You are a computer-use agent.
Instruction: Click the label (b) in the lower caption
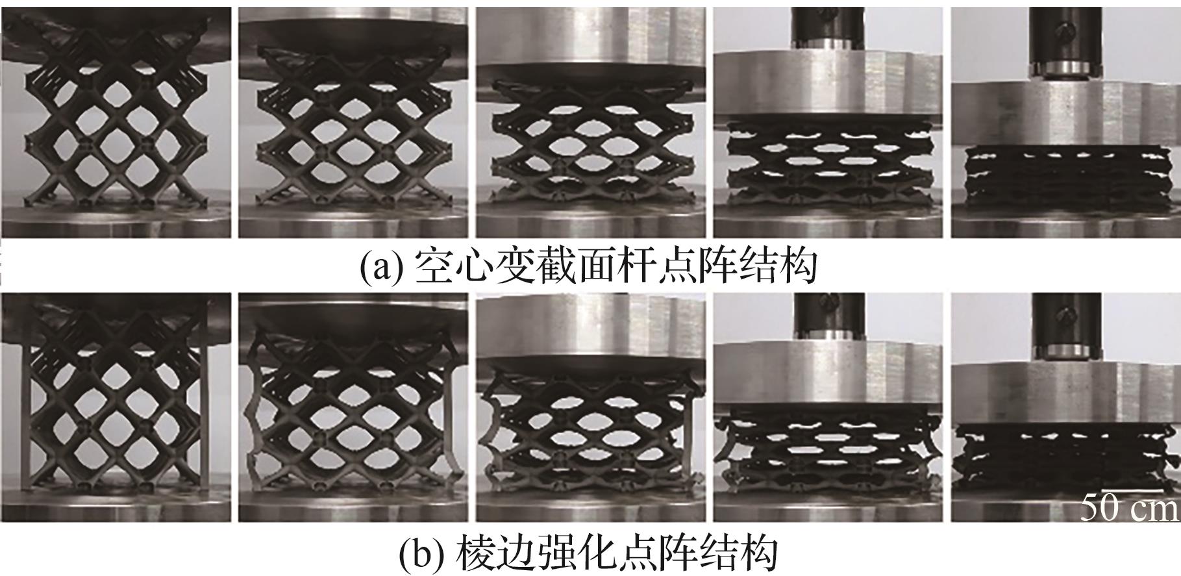420,553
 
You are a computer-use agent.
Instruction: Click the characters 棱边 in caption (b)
493,553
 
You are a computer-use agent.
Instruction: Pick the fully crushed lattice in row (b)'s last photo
1052,458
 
